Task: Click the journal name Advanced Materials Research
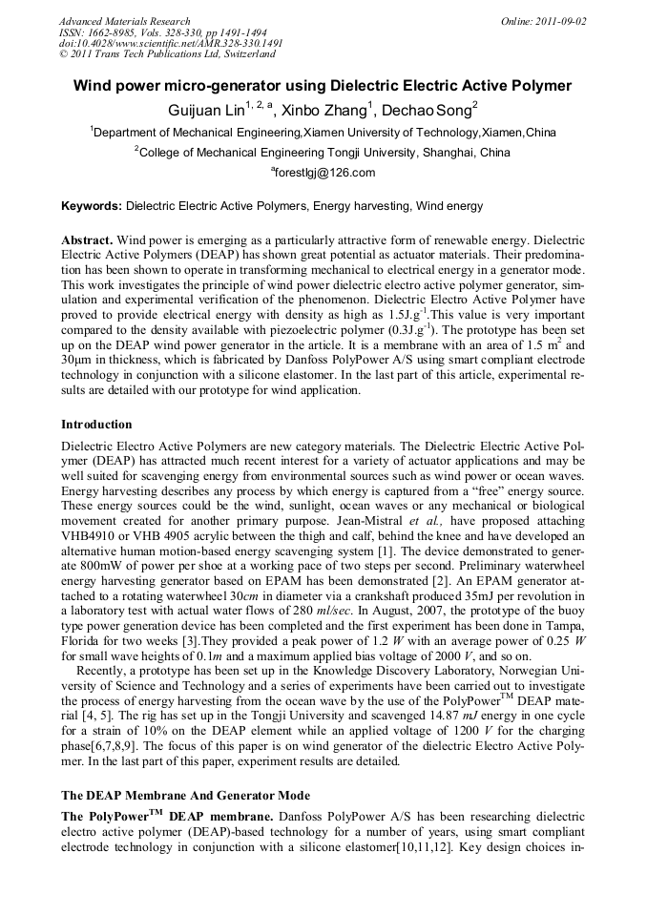click(124, 21)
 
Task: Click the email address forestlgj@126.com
click(324, 173)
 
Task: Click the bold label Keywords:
click(92, 205)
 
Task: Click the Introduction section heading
click(96, 424)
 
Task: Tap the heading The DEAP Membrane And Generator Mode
click(185, 795)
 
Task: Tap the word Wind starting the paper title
click(94, 86)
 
